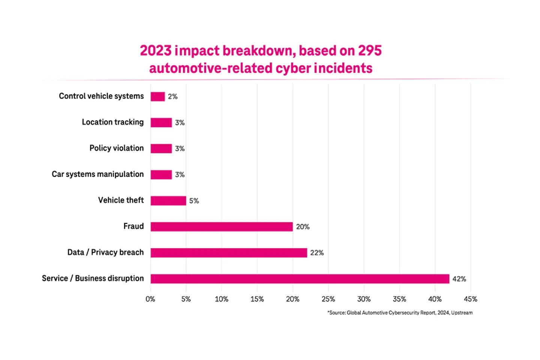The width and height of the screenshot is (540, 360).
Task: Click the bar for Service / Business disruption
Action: coord(300,279)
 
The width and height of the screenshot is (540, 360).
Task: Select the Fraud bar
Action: coord(222,226)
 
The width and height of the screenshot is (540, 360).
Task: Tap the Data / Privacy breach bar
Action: coord(229,253)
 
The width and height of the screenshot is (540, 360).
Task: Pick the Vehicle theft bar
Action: coord(168,201)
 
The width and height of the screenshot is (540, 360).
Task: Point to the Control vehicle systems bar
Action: coord(157,96)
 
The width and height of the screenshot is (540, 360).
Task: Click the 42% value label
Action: coord(459,279)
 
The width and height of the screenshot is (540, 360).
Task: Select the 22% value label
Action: coord(317,253)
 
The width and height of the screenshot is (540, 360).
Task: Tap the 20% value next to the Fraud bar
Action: coord(303,227)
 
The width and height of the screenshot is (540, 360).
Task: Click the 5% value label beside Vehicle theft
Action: coord(194,201)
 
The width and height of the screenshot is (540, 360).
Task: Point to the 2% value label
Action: coord(172,97)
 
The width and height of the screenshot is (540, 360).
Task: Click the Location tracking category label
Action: coord(112,122)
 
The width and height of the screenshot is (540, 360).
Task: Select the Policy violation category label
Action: coord(116,148)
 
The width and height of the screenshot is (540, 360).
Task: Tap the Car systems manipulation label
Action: coord(97,174)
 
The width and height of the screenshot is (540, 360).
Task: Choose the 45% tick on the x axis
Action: coord(470,299)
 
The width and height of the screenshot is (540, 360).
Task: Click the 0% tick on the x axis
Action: coord(150,299)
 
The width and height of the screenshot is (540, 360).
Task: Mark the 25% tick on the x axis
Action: coord(328,299)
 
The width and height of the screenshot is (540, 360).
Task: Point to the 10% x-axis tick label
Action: coord(221,299)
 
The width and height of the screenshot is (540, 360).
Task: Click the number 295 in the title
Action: coord(369,51)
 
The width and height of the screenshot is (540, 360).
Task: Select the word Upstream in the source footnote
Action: coord(462,313)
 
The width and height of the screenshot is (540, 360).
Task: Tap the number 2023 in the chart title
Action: coord(156,51)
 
